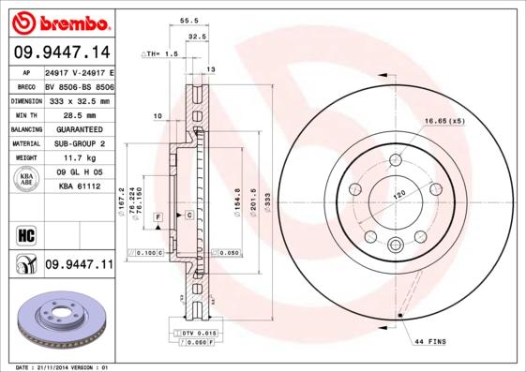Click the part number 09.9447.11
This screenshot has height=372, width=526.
[78, 265]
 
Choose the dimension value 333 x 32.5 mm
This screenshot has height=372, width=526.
[78, 100]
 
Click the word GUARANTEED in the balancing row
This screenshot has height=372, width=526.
[78, 129]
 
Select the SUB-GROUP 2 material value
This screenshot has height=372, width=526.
[78, 143]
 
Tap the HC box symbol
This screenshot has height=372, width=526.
[25, 233]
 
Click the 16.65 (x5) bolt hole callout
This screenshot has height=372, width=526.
[443, 121]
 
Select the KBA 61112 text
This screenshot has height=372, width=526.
[78, 186]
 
